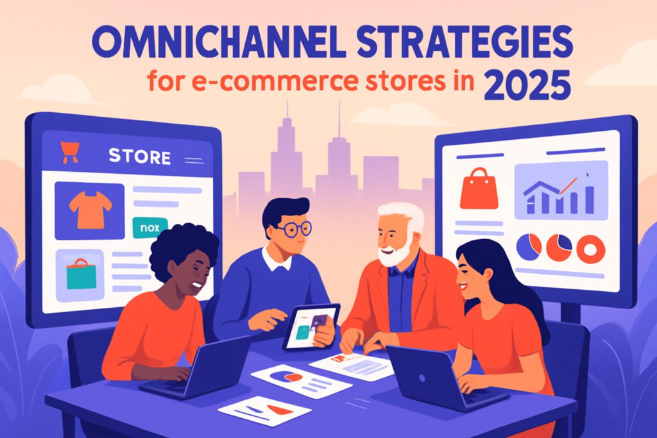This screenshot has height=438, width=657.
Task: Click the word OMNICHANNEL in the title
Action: coord(218,43)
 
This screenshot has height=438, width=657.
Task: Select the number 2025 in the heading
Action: coord(527,85)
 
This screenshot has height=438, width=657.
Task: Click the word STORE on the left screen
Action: coord(139,156)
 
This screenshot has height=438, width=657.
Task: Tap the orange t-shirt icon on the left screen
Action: coord(90,210)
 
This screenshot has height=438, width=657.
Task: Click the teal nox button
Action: coord(149,228)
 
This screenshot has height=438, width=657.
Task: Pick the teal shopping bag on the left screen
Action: coord(81,274)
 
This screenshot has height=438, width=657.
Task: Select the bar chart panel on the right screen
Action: coord(561,190)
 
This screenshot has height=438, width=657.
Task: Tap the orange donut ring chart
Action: coord(590,249)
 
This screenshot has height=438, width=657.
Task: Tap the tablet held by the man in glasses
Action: coord(310,326)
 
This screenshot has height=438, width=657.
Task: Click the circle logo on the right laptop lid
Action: coord(422,378)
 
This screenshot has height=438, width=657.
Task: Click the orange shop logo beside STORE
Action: coord(69,152)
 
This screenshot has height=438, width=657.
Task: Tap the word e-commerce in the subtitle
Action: coord(275,81)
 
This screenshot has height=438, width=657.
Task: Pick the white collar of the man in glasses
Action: coord(277,259)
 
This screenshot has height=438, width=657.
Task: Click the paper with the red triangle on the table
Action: coord(264,411)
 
